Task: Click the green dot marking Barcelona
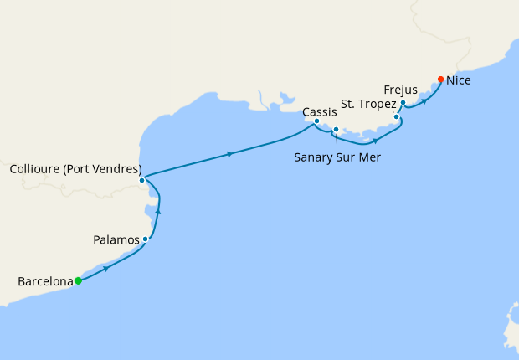pos(78,281)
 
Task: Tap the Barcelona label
pos(45,281)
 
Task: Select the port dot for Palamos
pos(146,239)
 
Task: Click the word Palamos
pos(116,240)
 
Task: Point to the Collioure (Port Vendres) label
pos(75,169)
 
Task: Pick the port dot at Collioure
pos(142,180)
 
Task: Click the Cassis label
pos(320,111)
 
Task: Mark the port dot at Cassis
pos(316,121)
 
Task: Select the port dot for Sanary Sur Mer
pos(336,130)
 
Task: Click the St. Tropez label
pos(368,105)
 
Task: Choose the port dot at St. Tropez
pos(396,116)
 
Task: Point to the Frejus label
pos(400,89)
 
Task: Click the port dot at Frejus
pos(403,103)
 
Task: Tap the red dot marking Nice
pos(441,80)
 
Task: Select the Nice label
pos(460,81)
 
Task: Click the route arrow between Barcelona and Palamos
pos(105,269)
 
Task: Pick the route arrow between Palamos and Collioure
pos(158,212)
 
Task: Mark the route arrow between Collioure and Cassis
pos(229,154)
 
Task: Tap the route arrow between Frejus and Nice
pos(424,100)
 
